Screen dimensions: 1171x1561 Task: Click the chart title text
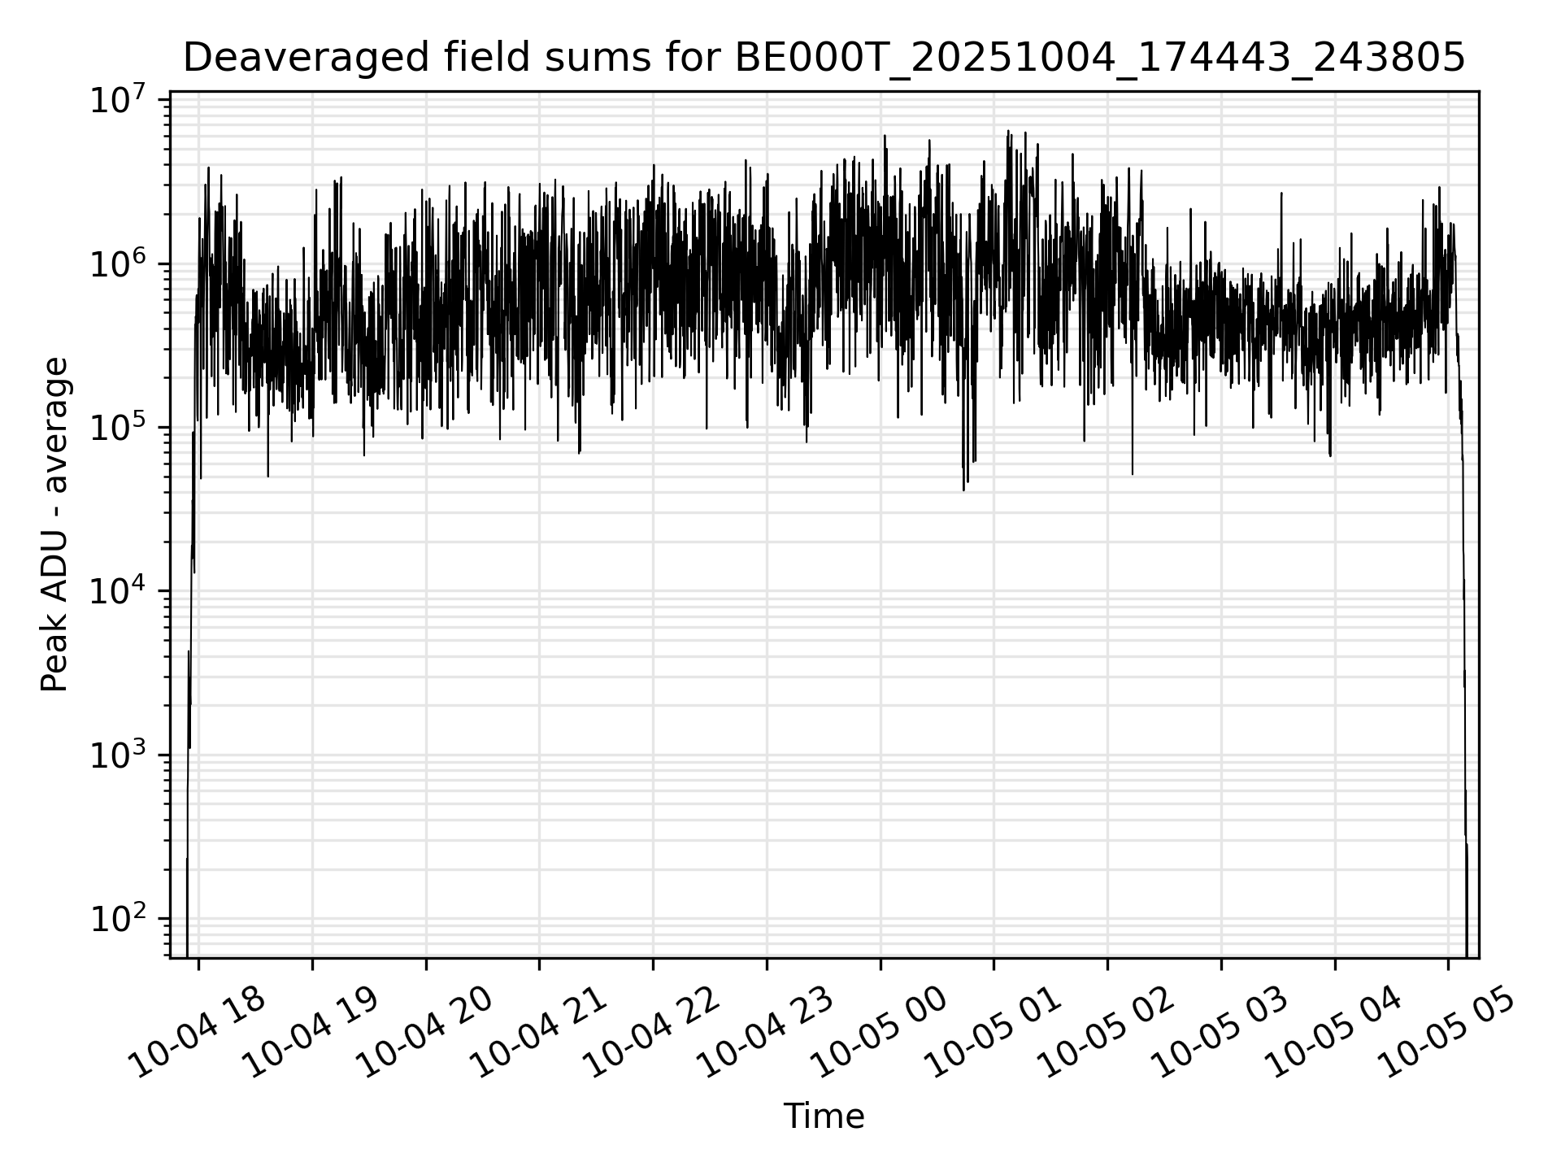point(824,59)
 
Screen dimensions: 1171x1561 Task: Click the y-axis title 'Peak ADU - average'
point(55,525)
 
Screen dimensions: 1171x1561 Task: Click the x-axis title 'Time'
point(824,1117)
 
